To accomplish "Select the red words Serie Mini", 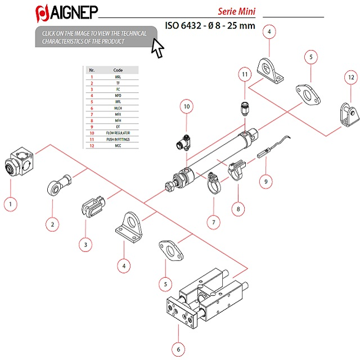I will [x=237, y=11].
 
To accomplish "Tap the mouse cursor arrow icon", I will [x=157, y=49].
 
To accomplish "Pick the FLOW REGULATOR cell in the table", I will [x=118, y=133].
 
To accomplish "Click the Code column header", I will [x=118, y=71].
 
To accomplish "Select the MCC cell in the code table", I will [x=118, y=145].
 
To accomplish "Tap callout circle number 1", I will [x=10, y=204].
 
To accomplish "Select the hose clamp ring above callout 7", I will [x=212, y=182].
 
